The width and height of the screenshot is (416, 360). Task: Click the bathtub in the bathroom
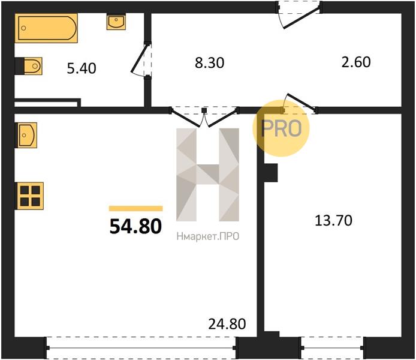click(x=46, y=28)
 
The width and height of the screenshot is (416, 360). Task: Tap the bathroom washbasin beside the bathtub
click(x=116, y=22)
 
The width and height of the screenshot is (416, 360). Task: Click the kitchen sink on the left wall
click(x=26, y=135)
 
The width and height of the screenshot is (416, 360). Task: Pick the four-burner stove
click(x=30, y=196)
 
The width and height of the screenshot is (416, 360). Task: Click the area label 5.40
click(x=82, y=68)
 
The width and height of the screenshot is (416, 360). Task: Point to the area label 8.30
click(x=210, y=63)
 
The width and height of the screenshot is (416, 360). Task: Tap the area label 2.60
click(x=356, y=62)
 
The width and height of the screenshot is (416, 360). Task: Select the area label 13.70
click(x=333, y=220)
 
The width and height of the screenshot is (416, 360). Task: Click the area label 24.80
click(x=227, y=324)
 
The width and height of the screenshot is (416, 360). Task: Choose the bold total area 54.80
click(x=135, y=226)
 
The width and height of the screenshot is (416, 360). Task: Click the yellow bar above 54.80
click(x=136, y=208)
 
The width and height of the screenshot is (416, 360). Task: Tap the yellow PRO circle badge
click(x=281, y=128)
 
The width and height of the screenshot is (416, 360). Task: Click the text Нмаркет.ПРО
click(x=208, y=236)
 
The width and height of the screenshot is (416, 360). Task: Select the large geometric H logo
click(x=208, y=175)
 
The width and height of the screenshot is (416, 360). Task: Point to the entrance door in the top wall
click(x=299, y=15)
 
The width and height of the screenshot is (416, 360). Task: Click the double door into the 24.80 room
click(x=204, y=117)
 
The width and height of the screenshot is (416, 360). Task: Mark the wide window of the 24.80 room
click(x=141, y=348)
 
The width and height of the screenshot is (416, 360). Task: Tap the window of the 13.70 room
click(x=332, y=348)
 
